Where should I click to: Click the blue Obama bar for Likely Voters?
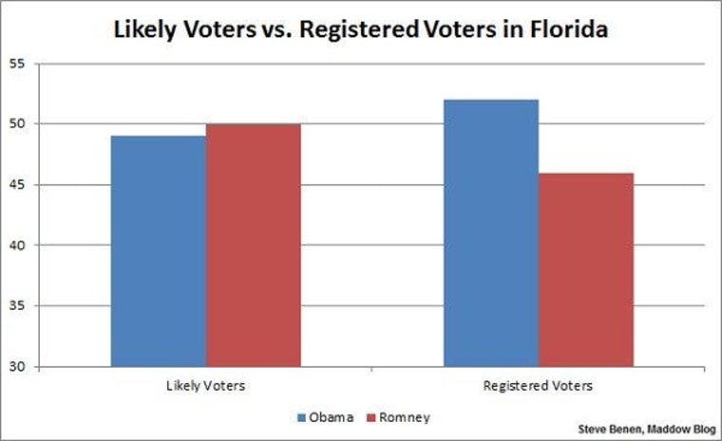tap(158, 251)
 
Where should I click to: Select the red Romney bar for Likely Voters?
tap(253, 245)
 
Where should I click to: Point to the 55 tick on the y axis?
tap(45, 64)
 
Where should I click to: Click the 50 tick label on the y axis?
tap(45, 125)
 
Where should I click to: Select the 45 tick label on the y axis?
tap(45, 184)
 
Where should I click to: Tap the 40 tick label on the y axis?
tap(45, 245)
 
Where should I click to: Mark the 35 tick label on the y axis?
tap(45, 306)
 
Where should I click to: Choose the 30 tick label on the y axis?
tap(45, 367)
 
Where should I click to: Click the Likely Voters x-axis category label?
tap(205, 386)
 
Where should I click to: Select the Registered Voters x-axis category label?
tap(538, 386)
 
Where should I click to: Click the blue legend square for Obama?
tap(302, 417)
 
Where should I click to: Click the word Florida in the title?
tap(563, 29)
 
